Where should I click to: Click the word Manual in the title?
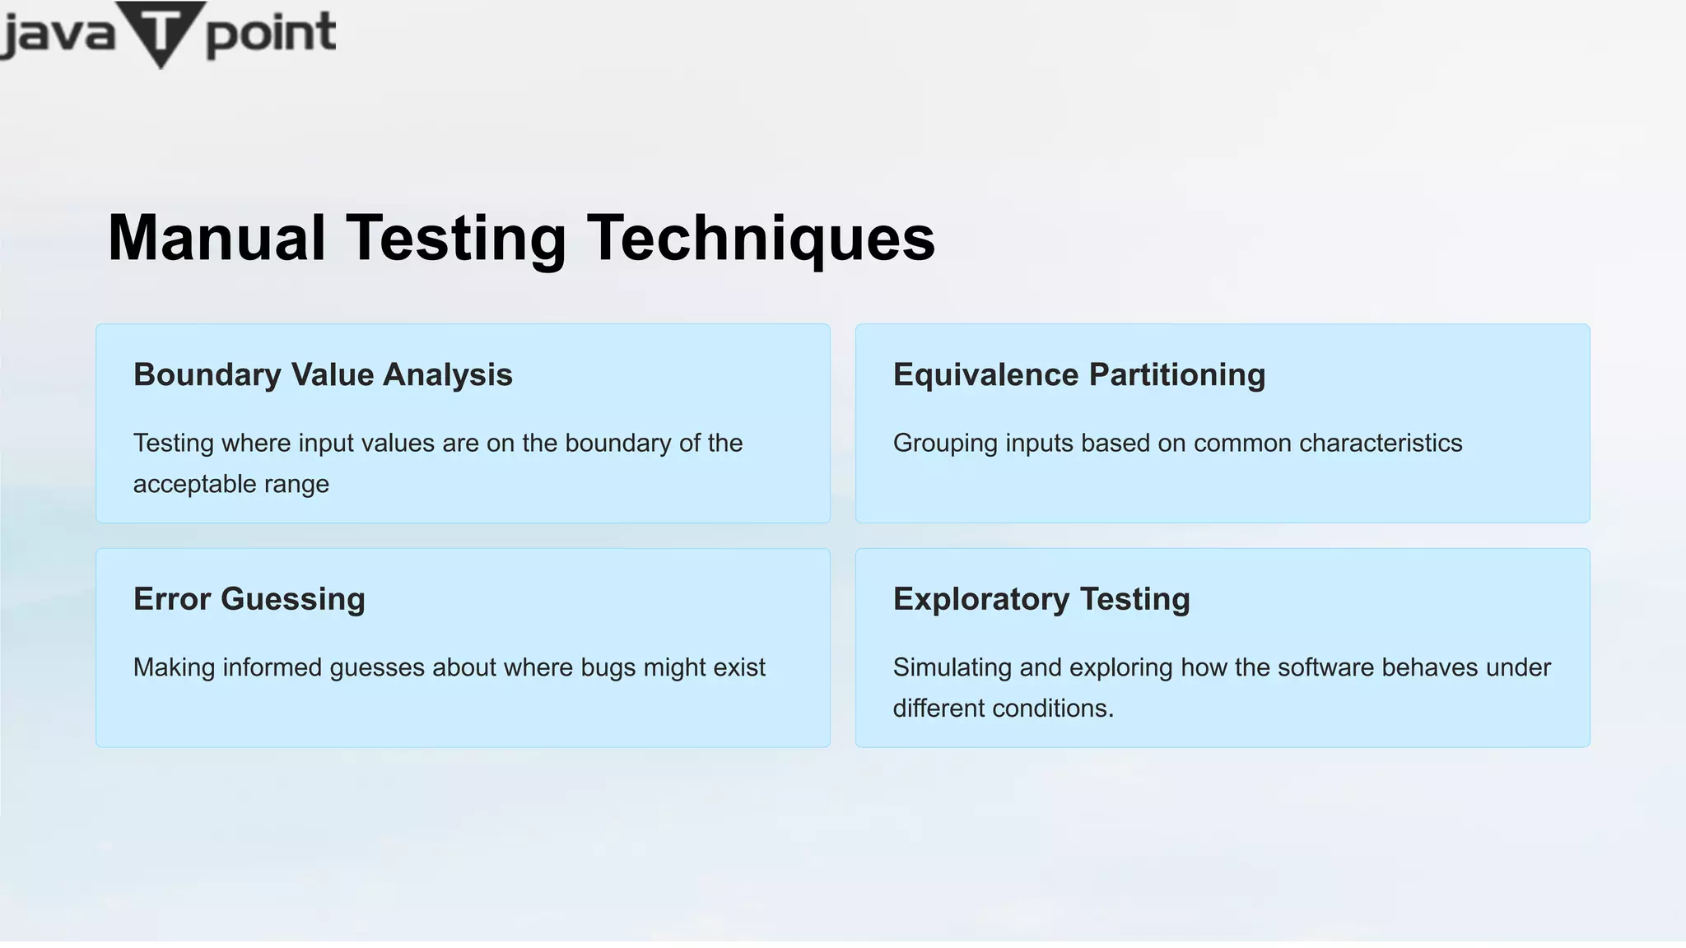tap(217, 238)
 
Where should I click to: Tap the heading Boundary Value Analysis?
tap(323, 375)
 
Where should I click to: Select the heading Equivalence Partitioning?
tap(1078, 375)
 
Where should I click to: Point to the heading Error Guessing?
tap(249, 599)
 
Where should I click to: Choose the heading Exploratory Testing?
tap(1041, 599)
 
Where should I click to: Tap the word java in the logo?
tap(58, 35)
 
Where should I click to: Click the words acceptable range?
tap(231, 484)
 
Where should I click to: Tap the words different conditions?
tap(1003, 709)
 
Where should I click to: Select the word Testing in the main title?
tap(455, 238)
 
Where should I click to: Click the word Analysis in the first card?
tap(448, 375)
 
